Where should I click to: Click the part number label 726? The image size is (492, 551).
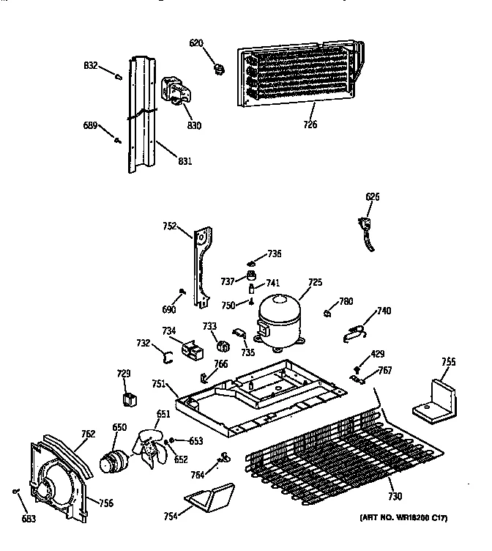pyautogui.click(x=310, y=125)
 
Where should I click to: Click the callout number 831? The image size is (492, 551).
pyautogui.click(x=184, y=160)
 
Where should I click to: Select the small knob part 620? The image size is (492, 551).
pyautogui.click(x=217, y=69)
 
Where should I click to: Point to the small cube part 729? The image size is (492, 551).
pyautogui.click(x=129, y=399)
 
